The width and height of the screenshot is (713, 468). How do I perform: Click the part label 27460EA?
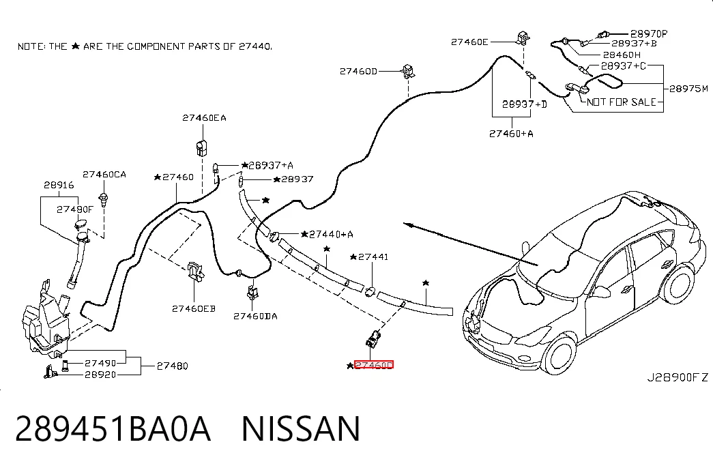pos(204,118)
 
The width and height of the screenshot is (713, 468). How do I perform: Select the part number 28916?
pos(59,185)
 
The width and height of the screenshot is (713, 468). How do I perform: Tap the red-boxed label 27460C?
pos(374,365)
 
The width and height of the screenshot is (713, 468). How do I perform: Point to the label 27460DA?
pos(255,316)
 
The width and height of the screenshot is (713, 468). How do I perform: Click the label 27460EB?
pos(194,309)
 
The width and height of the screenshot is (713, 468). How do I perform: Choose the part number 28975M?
pos(688,89)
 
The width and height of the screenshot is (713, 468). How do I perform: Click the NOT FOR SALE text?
pos(621,102)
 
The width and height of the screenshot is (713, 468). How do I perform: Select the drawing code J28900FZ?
pos(678,377)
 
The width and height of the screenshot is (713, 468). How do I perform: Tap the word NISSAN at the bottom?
pos(301,428)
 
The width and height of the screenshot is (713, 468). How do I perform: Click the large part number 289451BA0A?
pos(113,428)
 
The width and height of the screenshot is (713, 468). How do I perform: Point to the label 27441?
pos(373,257)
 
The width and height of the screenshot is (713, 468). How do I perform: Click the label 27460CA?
pos(104,175)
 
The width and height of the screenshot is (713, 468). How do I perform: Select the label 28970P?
pos(649,33)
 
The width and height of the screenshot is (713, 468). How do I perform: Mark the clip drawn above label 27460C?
pos(373,338)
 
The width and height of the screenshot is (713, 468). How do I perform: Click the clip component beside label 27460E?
pos(523,38)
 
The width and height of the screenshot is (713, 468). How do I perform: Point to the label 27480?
pos(173,366)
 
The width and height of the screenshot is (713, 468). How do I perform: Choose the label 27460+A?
pos(511,134)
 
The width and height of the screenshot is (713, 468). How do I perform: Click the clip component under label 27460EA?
pos(202,147)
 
